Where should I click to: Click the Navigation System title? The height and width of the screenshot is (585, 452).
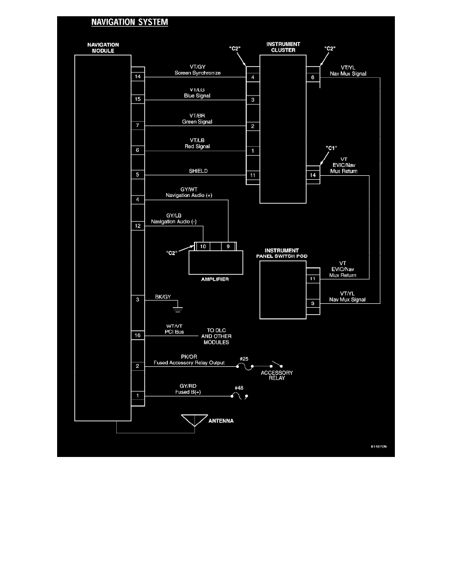pos(129,22)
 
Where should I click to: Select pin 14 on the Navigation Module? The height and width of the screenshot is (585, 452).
pos(137,77)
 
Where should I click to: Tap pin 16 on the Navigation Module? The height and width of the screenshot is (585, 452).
pos(137,335)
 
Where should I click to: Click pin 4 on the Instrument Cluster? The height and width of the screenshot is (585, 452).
pos(253,77)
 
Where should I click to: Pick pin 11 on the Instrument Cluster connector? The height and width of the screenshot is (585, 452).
pos(253,175)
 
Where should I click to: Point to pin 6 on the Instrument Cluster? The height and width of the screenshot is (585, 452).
pos(312,77)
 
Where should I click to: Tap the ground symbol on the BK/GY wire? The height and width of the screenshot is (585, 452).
pos(178,309)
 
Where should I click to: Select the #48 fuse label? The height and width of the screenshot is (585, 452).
pos(239,388)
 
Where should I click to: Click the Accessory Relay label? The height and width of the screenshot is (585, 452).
pos(277,375)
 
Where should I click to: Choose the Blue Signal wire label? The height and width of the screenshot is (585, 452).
pos(197,96)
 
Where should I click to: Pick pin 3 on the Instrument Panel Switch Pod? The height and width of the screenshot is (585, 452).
pos(312,303)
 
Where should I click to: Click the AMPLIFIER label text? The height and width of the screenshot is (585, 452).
pos(214,279)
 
